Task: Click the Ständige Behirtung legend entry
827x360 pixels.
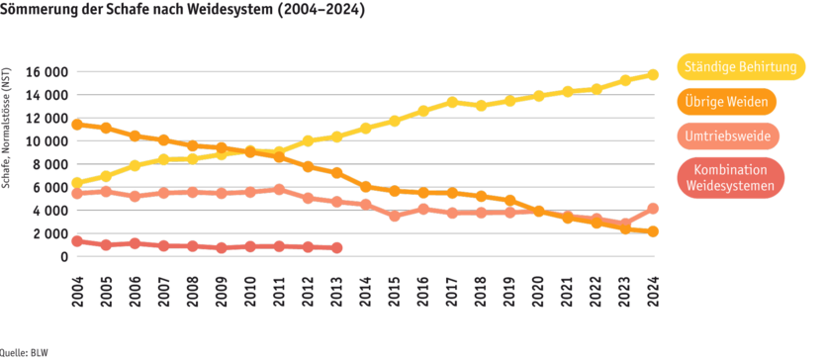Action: (x=738, y=66)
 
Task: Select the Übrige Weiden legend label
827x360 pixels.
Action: (x=728, y=101)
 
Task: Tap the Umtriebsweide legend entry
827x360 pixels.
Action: (x=728, y=135)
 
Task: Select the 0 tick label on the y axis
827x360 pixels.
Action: (x=62, y=257)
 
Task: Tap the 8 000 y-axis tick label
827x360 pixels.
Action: (x=50, y=164)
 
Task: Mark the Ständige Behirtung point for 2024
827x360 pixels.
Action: (x=653, y=74)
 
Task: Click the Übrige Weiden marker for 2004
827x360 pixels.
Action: (x=77, y=125)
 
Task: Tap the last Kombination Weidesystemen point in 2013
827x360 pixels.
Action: (x=337, y=247)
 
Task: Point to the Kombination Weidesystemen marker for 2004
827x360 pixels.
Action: (x=77, y=240)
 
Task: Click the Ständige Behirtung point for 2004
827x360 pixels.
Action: (x=77, y=183)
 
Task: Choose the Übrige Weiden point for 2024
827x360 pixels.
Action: (x=653, y=231)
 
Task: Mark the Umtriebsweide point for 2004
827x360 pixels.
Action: (x=77, y=194)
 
